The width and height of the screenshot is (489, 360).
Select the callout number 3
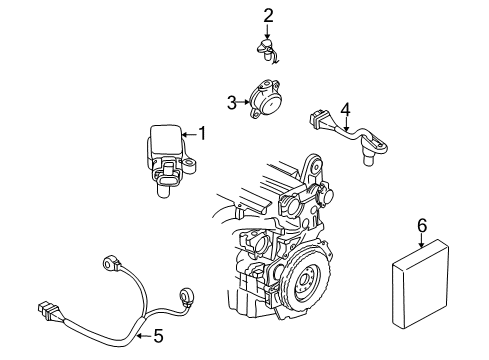pos(230,102)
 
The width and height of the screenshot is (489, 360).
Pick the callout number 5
pos(158,337)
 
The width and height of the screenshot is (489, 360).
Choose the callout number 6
pos(422,227)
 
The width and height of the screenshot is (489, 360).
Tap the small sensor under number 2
pos(268,51)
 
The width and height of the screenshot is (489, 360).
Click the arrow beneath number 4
pos(345,123)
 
